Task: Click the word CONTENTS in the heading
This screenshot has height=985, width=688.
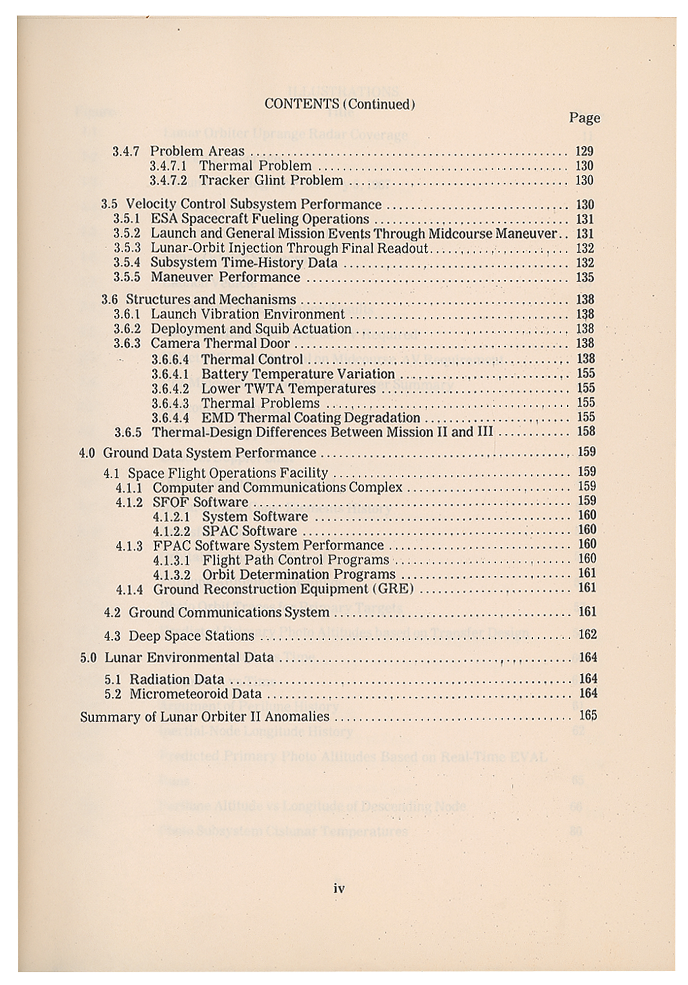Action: tap(301, 104)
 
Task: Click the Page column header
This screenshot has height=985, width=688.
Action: tap(585, 118)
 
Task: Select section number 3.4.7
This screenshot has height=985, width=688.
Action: tap(126, 151)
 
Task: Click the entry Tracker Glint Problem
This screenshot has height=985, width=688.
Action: tap(271, 180)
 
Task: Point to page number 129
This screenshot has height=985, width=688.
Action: tap(585, 151)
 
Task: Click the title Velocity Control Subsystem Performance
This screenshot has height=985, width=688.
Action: tap(253, 204)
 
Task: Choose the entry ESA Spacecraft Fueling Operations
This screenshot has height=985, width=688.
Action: tap(260, 219)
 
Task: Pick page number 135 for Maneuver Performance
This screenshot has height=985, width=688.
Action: tap(585, 277)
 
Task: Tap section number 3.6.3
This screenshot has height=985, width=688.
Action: tap(127, 343)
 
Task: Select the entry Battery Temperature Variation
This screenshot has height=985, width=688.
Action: tap(298, 374)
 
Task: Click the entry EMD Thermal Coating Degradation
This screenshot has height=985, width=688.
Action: tap(310, 418)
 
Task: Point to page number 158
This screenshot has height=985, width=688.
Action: tap(586, 431)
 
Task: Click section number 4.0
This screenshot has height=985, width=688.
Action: tap(87, 453)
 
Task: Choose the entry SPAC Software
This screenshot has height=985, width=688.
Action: tap(249, 531)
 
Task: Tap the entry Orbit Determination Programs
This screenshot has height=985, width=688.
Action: tap(299, 574)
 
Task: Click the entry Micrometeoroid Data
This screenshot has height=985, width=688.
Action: tap(195, 694)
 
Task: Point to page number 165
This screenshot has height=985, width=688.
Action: tap(588, 716)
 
